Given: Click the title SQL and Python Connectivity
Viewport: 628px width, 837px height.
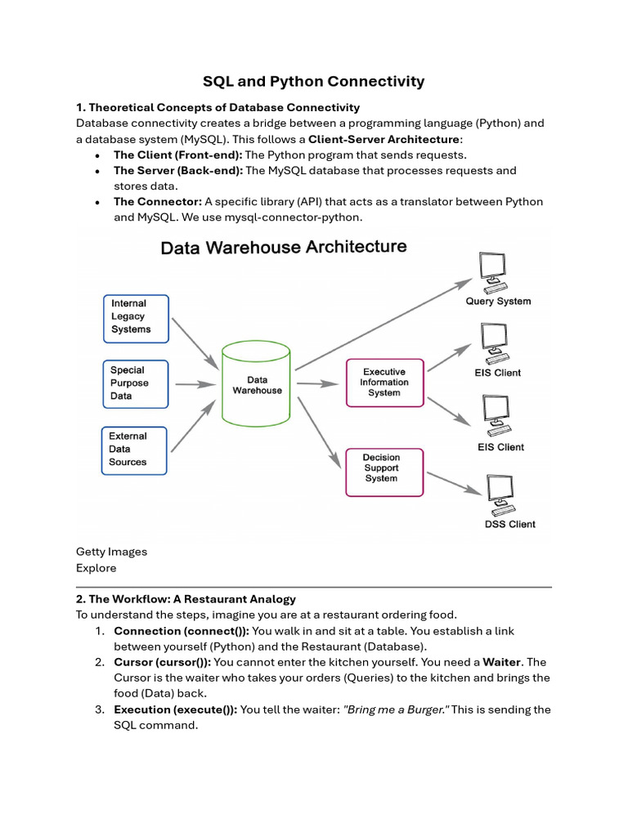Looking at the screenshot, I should click(x=314, y=81).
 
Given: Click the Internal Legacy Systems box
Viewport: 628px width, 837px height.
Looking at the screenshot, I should click(x=136, y=318).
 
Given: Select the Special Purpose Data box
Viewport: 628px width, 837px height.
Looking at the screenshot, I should click(x=136, y=383).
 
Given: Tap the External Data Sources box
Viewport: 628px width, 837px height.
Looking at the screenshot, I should click(x=134, y=450).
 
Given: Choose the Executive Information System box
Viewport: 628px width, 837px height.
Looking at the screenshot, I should click(x=384, y=382).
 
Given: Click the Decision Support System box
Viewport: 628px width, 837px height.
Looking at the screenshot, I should click(x=384, y=471).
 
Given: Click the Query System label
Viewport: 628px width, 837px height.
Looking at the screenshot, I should click(x=498, y=301).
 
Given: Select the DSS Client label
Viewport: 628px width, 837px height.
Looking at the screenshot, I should click(x=509, y=524).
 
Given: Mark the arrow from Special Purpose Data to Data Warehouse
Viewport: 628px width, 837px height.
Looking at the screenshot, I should click(x=194, y=383).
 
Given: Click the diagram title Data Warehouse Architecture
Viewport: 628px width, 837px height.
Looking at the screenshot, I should click(x=283, y=247).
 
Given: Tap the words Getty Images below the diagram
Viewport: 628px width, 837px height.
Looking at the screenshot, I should click(x=111, y=552).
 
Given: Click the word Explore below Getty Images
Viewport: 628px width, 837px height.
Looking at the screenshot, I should click(x=96, y=568).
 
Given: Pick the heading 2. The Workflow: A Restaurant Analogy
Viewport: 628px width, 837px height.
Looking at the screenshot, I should click(x=186, y=599).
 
